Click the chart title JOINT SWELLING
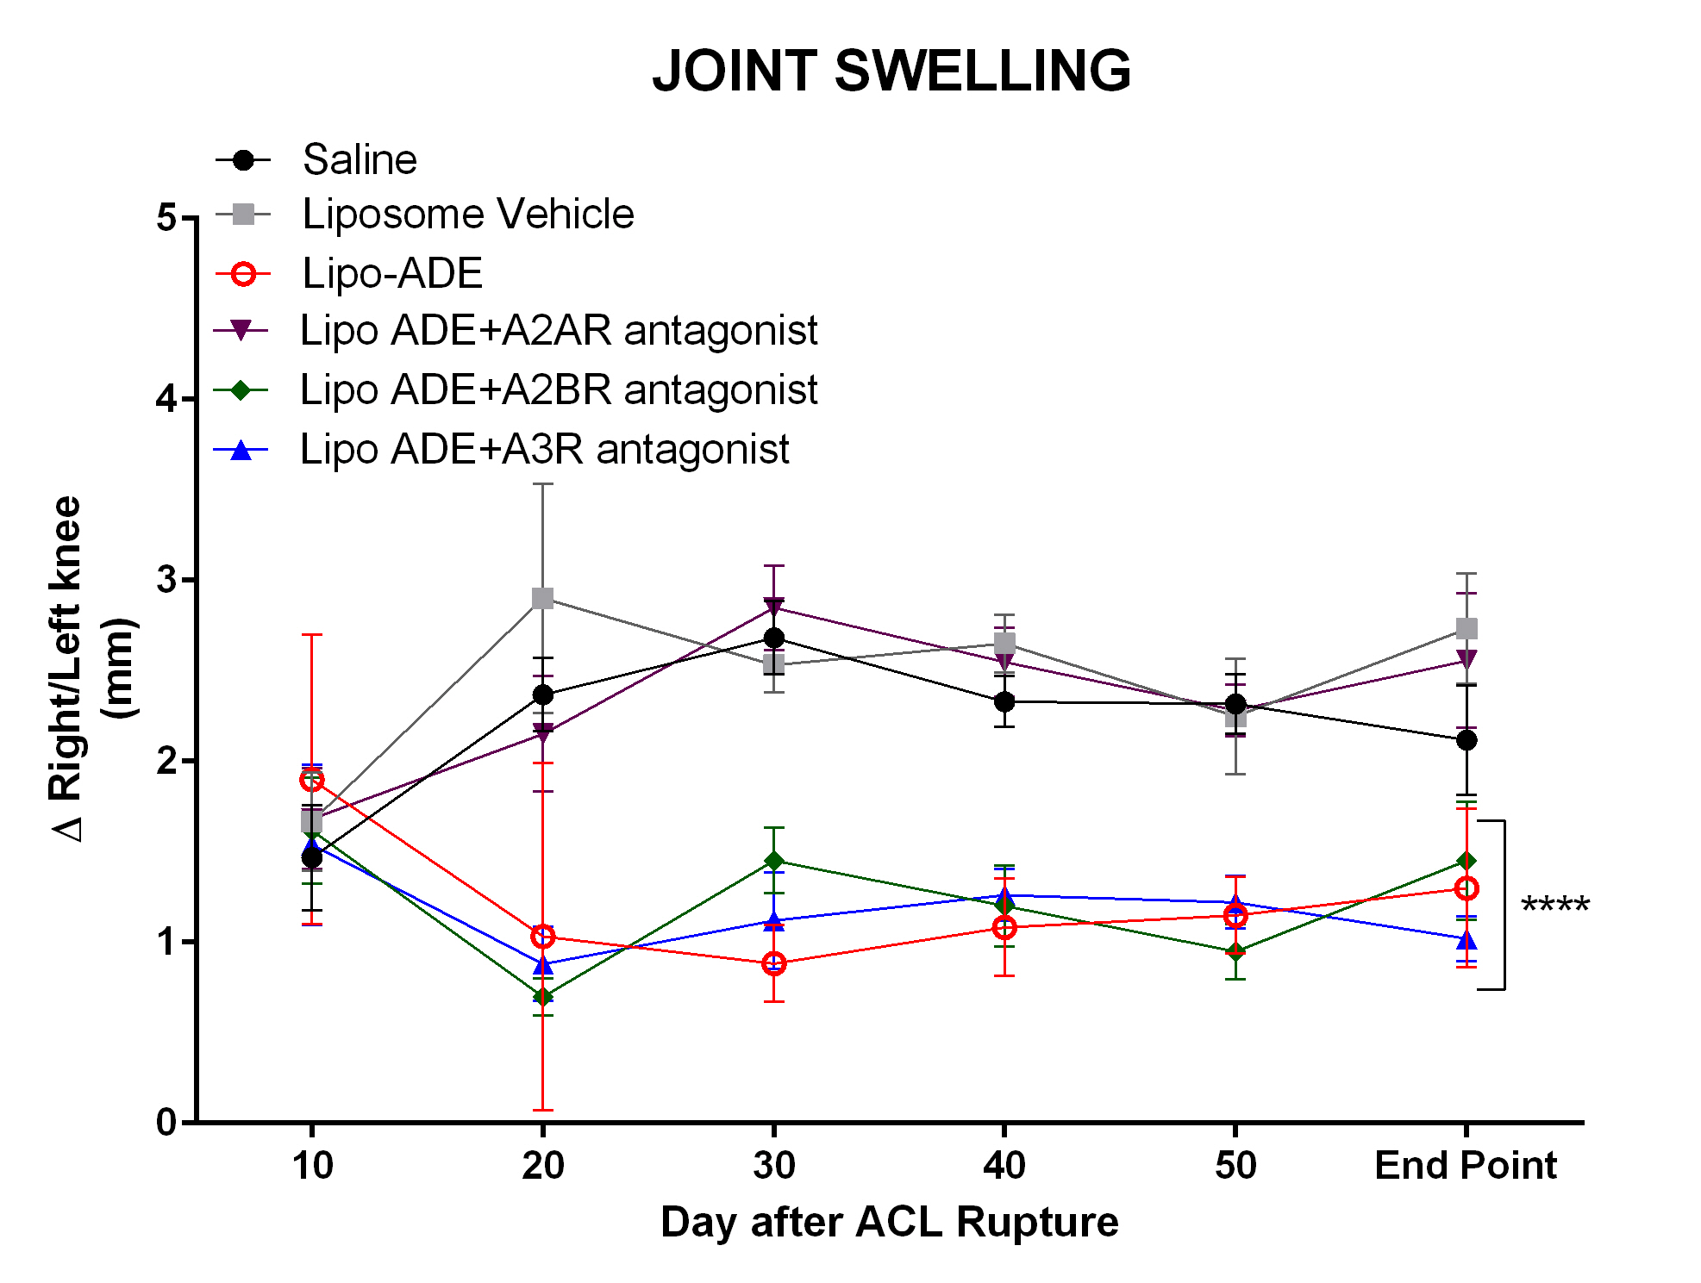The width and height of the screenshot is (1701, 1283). click(891, 71)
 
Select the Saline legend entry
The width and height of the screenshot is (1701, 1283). click(359, 160)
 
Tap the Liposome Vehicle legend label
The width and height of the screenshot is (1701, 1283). click(467, 214)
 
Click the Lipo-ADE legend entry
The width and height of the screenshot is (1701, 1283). click(391, 274)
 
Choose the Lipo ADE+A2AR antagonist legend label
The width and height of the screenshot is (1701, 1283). click(558, 331)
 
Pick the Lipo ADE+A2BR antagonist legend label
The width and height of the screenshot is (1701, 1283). click(558, 390)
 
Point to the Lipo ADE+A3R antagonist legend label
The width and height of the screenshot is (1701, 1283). click(544, 450)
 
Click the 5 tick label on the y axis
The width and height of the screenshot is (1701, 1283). click(166, 218)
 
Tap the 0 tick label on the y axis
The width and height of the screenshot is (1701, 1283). click(166, 1122)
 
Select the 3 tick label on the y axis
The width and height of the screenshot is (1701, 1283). click(166, 580)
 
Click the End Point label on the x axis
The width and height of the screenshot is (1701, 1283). click(1465, 1166)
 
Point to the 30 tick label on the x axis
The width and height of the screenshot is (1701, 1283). click(773, 1166)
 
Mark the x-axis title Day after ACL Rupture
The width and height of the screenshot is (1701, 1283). click(889, 1223)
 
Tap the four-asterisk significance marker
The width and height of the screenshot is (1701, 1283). click(1554, 906)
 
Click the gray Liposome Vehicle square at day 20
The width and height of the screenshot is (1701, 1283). click(542, 599)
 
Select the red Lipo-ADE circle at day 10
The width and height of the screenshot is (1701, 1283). click(312, 781)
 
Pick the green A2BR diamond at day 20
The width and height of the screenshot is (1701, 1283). click(542, 997)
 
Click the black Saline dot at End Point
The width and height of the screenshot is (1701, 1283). click(1466, 740)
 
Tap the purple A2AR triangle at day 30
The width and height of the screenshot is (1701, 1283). click(773, 606)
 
